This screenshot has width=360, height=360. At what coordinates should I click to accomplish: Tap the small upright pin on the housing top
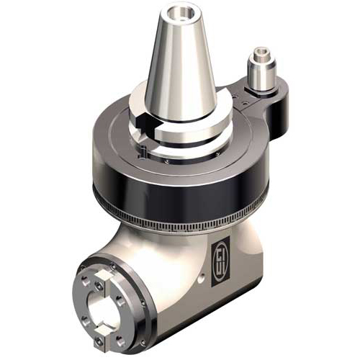[x=144, y=153]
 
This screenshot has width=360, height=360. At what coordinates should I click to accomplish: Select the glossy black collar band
[x=180, y=180]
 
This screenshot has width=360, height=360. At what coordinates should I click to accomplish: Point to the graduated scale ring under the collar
[x=180, y=216]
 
